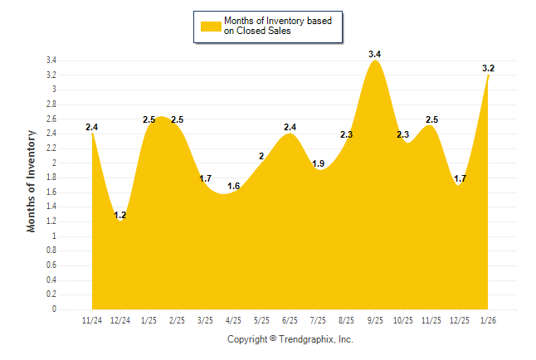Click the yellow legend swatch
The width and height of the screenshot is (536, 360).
pyautogui.click(x=210, y=26)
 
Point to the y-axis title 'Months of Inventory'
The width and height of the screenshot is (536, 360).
pyautogui.click(x=32, y=180)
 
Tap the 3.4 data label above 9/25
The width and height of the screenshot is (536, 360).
pyautogui.click(x=375, y=54)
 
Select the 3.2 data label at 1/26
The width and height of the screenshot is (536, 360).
pyautogui.click(x=488, y=68)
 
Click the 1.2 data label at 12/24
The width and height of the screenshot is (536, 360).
pyautogui.click(x=119, y=216)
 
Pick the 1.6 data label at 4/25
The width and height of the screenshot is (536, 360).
pyautogui.click(x=233, y=186)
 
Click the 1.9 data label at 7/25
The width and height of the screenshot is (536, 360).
pyautogui.click(x=318, y=163)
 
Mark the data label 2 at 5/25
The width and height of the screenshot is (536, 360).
pyautogui.click(x=261, y=156)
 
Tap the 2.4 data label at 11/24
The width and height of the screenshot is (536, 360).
pyautogui.click(x=91, y=127)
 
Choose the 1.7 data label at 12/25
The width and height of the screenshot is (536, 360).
pyautogui.click(x=460, y=178)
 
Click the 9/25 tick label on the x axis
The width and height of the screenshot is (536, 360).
pyautogui.click(x=375, y=320)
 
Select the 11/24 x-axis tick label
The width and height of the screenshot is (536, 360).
pyautogui.click(x=92, y=320)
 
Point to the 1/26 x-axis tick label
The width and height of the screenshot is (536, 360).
pyautogui.click(x=488, y=320)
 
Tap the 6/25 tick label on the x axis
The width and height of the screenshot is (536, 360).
pyautogui.click(x=290, y=320)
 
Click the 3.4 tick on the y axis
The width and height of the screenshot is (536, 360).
pyautogui.click(x=51, y=61)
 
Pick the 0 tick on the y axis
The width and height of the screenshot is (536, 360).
pyautogui.click(x=54, y=309)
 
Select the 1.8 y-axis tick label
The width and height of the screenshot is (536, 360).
pyautogui.click(x=51, y=178)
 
